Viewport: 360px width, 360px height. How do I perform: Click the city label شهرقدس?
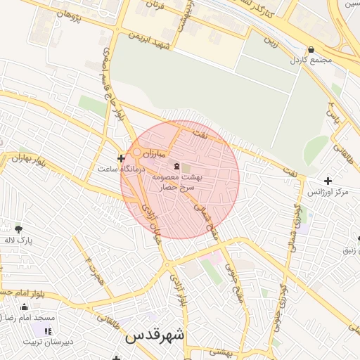pos(155,336)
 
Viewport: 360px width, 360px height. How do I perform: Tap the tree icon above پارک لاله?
pos(18,229)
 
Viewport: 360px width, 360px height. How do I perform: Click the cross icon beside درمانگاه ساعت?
pos(122,158)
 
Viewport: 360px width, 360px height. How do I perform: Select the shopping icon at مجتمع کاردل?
pos(311,49)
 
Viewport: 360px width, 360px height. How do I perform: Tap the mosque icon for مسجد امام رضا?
pos(25,307)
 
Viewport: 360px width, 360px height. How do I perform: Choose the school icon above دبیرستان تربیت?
pos(48,331)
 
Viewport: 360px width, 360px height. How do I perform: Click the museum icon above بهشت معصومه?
pos(176,166)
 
